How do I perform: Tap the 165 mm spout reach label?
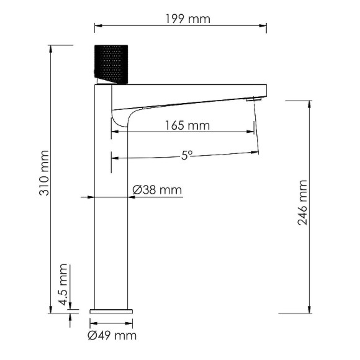[187, 126]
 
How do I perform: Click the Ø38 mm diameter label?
[158, 191]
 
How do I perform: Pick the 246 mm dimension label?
[302, 202]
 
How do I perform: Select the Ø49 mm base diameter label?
[112, 336]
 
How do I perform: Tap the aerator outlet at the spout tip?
[251, 99]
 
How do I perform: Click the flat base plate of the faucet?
[111, 309]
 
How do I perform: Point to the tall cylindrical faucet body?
[111, 205]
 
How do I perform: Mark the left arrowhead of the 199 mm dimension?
[97, 26]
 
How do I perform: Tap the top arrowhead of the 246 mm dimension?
[310, 102]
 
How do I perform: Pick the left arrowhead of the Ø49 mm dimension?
[92, 323]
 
